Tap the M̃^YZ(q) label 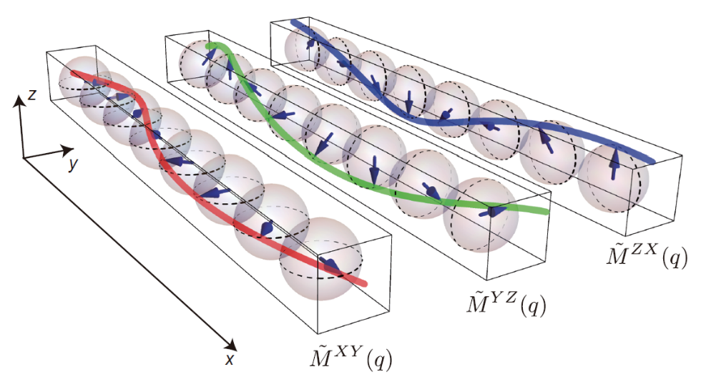pyautogui.click(x=506, y=303)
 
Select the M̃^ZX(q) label pyautogui.click(x=647, y=253)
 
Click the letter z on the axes pyautogui.click(x=31, y=94)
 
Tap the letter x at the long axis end pyautogui.click(x=230, y=358)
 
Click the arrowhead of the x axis pyautogui.click(x=231, y=345)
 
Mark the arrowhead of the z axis pyautogui.click(x=19, y=101)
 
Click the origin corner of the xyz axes pyautogui.click(x=23, y=157)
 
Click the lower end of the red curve pyautogui.click(x=365, y=283)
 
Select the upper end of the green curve pyautogui.click(x=208, y=45)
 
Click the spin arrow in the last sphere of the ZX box pyautogui.click(x=614, y=162)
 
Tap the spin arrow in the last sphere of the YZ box pyautogui.click(x=493, y=212)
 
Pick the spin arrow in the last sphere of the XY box pyautogui.click(x=331, y=265)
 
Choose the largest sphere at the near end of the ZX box pyautogui.click(x=614, y=177)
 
